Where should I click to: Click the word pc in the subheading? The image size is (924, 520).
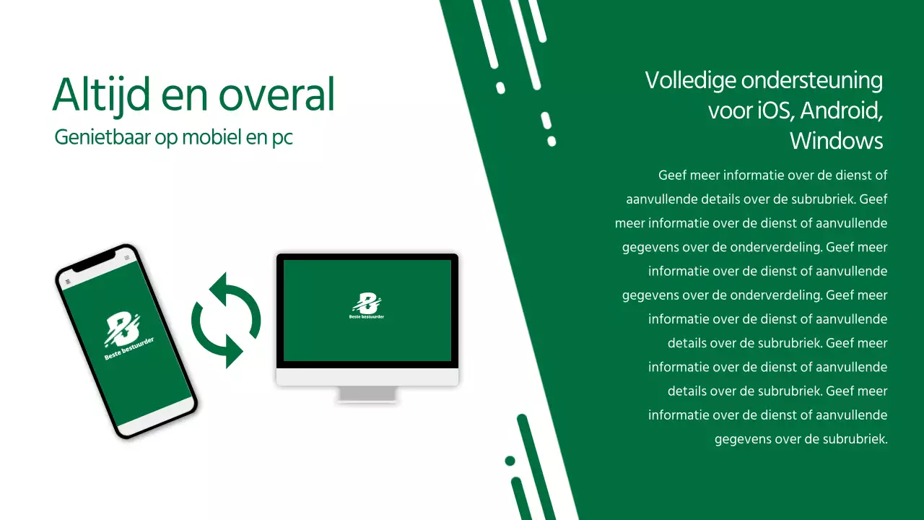pos(282,137)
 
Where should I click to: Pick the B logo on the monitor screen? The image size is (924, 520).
pos(367,303)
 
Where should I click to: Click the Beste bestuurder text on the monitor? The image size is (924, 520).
pos(367,316)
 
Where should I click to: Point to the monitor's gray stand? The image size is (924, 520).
pos(367,394)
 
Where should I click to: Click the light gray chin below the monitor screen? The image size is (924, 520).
pos(367,377)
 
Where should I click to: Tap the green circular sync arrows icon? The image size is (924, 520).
pos(226,320)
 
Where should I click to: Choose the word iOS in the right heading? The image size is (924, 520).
pos(775,110)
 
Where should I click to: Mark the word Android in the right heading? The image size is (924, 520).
pos(842,110)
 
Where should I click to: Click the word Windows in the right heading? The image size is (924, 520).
pos(837,141)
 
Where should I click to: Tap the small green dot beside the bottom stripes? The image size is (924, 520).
pos(510,461)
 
